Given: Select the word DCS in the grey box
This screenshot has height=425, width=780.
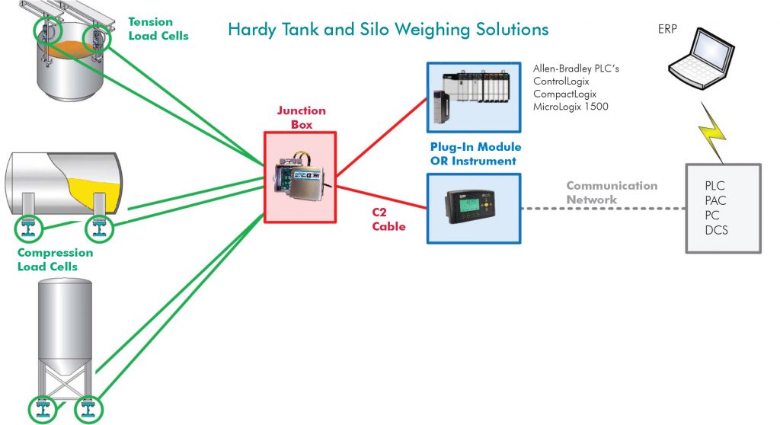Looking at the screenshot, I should [717, 229].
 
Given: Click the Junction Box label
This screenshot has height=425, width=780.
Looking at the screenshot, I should [301, 117].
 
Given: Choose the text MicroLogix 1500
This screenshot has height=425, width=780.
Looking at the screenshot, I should [571, 107].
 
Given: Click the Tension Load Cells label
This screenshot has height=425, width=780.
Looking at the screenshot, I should [158, 29].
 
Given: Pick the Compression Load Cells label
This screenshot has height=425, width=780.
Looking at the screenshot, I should [55, 260].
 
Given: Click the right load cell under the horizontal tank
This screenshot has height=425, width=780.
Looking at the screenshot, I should [97, 227].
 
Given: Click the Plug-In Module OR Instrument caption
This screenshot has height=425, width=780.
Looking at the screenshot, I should [473, 154].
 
